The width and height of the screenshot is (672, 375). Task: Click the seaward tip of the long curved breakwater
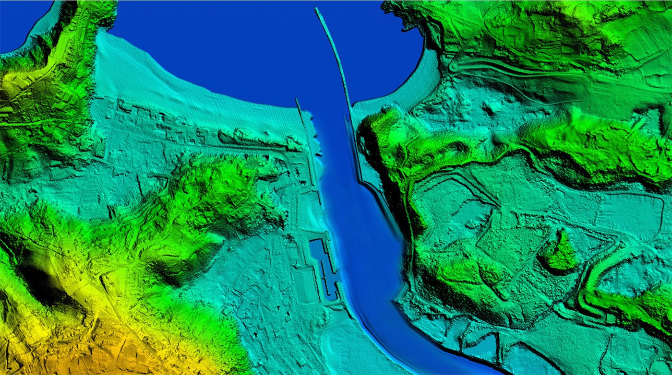click(317, 9)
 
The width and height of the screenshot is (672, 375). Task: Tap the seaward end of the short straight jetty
click(297, 100)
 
